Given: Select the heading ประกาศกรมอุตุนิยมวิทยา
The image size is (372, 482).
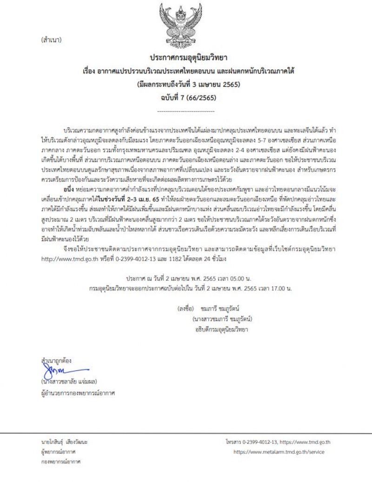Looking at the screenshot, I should tap(186, 57).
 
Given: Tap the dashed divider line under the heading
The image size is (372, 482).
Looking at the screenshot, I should tap(186, 112).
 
